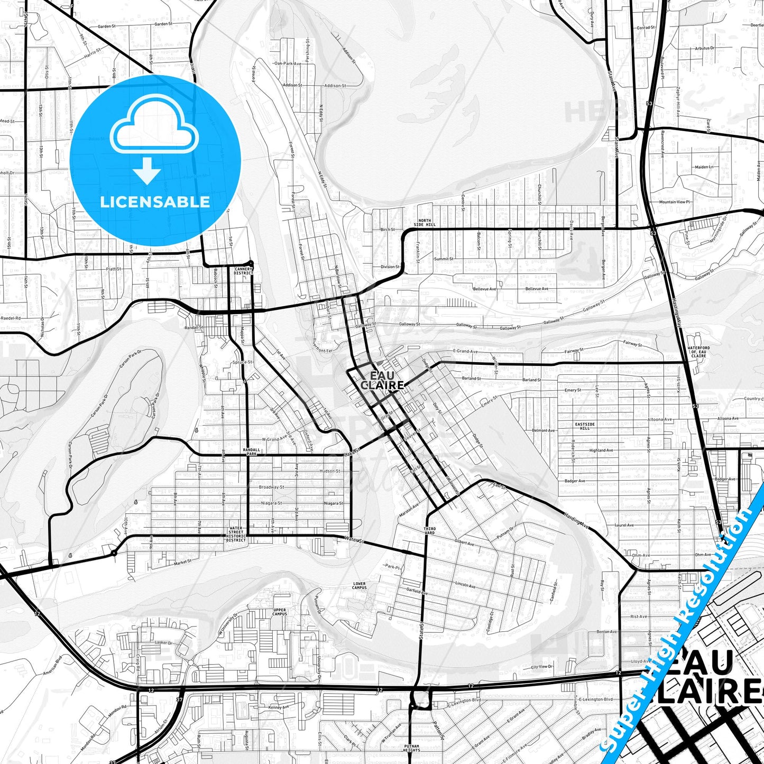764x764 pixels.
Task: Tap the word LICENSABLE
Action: pos(155,201)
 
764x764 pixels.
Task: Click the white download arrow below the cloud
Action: pos(147,171)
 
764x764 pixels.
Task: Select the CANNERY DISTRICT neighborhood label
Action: pos(244,271)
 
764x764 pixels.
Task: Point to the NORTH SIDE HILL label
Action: pos(425,223)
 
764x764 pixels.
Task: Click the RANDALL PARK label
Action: pos(250,452)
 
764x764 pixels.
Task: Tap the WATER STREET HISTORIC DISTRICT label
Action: pos(236,534)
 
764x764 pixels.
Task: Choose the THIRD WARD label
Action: pos(429,530)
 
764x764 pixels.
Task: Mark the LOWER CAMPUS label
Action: pos(359,586)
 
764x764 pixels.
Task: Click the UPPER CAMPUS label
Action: pos(279,612)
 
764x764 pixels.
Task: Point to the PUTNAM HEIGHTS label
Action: pos(411,748)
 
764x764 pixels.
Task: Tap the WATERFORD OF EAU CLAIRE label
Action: pos(698,352)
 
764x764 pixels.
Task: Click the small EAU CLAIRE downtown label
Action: pos(382,381)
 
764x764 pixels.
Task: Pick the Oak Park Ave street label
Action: pos(287,63)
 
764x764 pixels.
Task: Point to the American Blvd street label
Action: pos(52,665)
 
